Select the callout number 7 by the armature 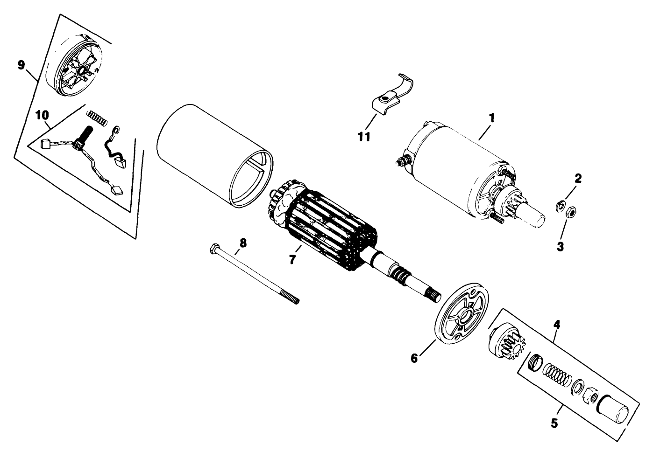coord(292,259)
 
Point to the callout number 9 coord(21,65)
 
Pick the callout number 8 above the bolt coord(242,243)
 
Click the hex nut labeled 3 coord(570,213)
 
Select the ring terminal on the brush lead coord(116,129)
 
